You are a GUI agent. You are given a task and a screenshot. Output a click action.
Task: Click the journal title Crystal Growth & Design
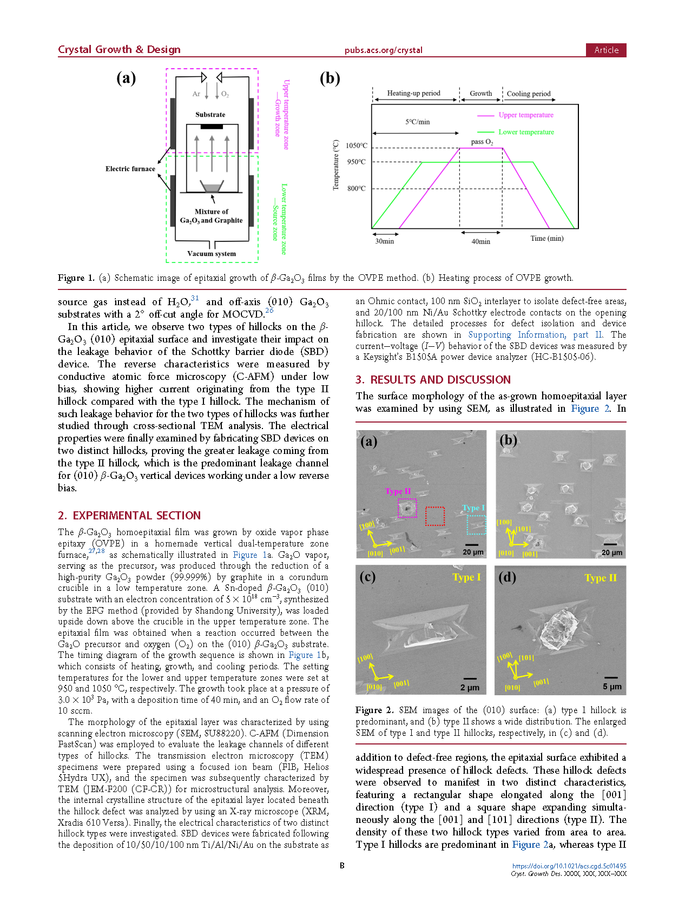click(119, 50)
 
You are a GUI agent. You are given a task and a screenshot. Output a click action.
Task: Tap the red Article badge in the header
click(606, 50)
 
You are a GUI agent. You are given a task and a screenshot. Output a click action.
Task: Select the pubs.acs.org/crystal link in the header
click(383, 50)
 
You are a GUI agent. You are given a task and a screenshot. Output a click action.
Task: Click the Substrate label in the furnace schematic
click(210, 115)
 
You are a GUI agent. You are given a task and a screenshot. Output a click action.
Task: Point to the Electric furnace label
click(130, 169)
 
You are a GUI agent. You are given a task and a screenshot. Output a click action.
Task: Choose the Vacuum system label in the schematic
click(212, 253)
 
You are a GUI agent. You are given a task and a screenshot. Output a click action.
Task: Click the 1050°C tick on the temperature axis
click(357, 146)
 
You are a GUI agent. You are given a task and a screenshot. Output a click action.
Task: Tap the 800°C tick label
click(357, 188)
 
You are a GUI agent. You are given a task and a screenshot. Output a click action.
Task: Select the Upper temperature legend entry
click(525, 115)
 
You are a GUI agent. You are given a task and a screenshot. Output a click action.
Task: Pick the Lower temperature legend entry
click(526, 132)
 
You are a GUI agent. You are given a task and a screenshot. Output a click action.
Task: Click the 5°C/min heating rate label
click(418, 122)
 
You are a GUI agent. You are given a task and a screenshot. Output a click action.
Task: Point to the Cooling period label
click(528, 94)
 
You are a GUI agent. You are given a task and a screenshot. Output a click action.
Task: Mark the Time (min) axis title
click(546, 238)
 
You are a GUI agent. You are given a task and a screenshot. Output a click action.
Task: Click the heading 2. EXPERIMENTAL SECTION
click(129, 516)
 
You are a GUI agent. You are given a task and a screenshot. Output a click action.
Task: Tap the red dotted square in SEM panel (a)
click(435, 516)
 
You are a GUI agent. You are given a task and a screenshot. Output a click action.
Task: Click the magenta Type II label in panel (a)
click(398, 491)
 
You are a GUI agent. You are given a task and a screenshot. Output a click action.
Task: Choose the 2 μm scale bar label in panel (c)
click(470, 687)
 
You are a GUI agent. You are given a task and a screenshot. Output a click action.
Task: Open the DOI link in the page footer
click(569, 866)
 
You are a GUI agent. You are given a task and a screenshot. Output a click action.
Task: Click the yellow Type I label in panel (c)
click(466, 577)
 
